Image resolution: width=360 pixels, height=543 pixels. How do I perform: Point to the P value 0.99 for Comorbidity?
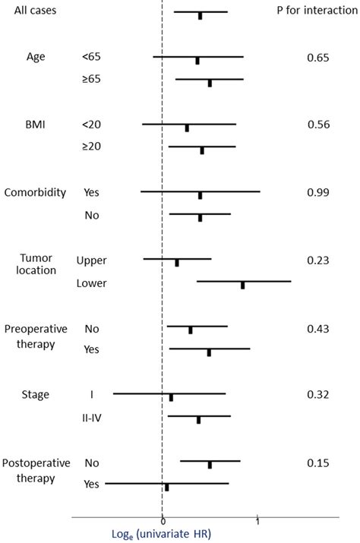click(x=317, y=193)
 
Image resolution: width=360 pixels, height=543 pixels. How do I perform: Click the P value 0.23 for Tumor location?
click(x=317, y=260)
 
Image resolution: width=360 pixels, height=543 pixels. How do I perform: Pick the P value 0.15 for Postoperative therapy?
click(x=317, y=462)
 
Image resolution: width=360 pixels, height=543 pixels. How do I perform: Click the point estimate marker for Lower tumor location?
click(x=243, y=285)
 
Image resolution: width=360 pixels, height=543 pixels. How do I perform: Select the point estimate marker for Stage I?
click(x=172, y=397)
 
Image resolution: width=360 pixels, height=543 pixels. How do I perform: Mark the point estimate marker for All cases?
click(x=201, y=15)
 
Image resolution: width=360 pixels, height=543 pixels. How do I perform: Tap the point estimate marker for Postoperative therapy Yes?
click(x=167, y=487)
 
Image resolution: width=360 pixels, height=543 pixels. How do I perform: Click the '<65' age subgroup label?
click(x=90, y=57)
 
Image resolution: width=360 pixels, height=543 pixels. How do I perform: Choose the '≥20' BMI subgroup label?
click(x=90, y=147)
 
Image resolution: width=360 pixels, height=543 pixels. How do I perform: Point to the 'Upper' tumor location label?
click(x=92, y=260)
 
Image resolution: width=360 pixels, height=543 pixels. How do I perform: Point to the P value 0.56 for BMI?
click(x=317, y=125)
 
